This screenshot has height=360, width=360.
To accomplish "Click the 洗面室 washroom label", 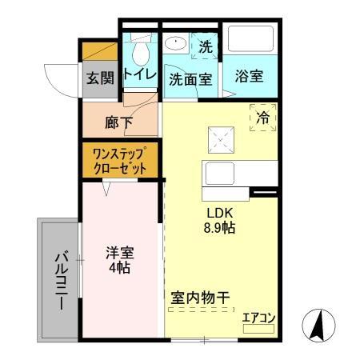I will pyautogui.click(x=190, y=79).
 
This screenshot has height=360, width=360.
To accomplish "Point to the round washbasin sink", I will pyautogui.click(x=175, y=44).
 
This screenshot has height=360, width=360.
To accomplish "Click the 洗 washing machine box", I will pyautogui.click(x=206, y=47).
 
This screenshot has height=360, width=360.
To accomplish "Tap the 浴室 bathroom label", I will pyautogui.click(x=248, y=78).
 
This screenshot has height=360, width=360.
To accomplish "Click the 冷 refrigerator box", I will pyautogui.click(x=262, y=117).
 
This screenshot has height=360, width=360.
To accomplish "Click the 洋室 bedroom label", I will pyautogui.click(x=121, y=252).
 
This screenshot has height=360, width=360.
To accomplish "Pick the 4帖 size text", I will pyautogui.click(x=121, y=267).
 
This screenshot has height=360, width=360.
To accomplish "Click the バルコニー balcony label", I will pyautogui.click(x=60, y=281).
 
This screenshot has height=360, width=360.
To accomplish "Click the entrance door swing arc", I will pyautogui.click(x=60, y=80).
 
